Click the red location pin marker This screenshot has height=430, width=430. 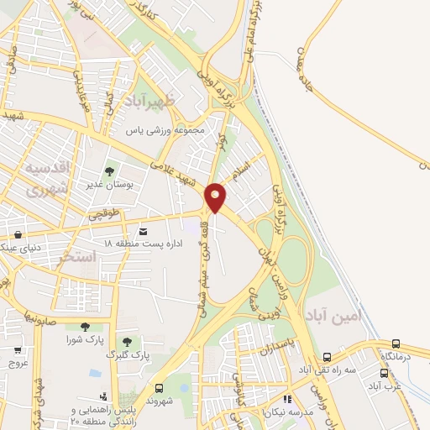tap(216, 197)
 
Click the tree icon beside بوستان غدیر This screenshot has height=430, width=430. tap(110, 172)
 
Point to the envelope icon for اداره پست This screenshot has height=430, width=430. tap(143, 230)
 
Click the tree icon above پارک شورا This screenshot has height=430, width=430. tap(84, 327)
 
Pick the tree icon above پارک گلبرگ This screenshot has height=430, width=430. tap(127, 341)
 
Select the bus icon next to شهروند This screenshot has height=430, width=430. tap(160, 388)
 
